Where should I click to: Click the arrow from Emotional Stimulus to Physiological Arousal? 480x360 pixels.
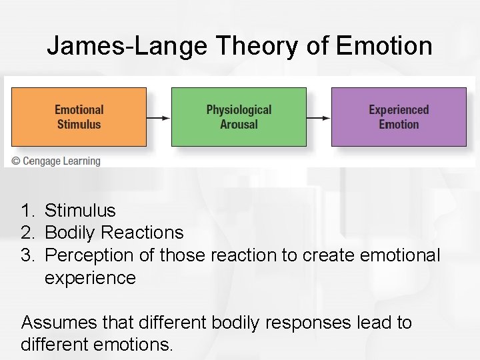(159, 117)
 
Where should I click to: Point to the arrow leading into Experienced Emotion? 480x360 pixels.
(319, 117)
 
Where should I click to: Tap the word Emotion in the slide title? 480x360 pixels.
(385, 47)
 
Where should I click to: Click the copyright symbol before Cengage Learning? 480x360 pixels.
(16, 161)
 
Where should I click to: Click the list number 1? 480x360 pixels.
(27, 211)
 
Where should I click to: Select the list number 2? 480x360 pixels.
(27, 233)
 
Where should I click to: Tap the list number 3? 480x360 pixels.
(27, 255)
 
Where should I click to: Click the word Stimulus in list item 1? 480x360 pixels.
(80, 211)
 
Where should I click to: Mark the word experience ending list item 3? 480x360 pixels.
(90, 278)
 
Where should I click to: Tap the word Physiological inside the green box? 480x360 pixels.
(239, 110)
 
